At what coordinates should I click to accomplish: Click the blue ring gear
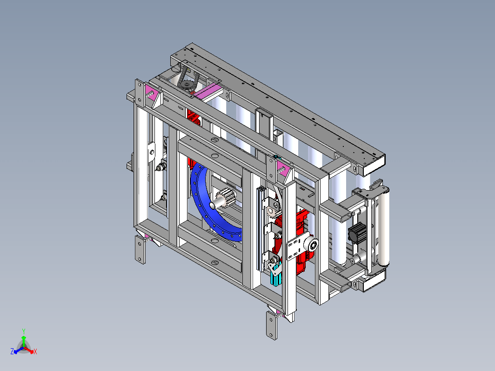click(x=202, y=205)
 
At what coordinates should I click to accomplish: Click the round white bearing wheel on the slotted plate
click(x=314, y=244)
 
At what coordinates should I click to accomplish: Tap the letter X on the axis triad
click(x=35, y=351)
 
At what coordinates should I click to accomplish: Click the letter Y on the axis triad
click(x=24, y=331)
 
